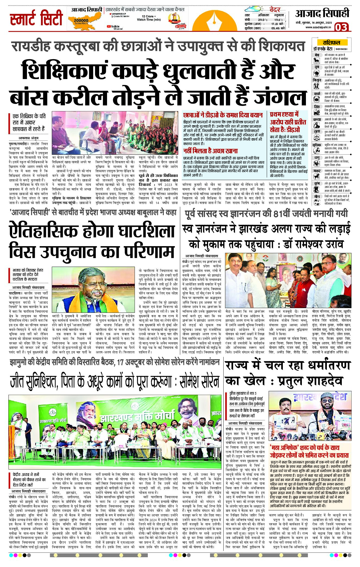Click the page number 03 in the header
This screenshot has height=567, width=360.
[x=341, y=27]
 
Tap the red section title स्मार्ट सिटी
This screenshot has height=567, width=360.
[x=36, y=18]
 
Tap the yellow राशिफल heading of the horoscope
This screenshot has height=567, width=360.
[x=331, y=42]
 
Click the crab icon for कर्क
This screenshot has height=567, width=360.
[x=317, y=99]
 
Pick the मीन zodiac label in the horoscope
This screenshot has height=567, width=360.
[x=317, y=196]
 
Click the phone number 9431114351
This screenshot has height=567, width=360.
[x=341, y=49]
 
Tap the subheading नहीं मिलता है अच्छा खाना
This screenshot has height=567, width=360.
[x=210, y=151]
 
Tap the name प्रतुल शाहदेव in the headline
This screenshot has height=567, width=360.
[x=310, y=381]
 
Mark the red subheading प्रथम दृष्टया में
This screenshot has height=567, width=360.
[x=284, y=115]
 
